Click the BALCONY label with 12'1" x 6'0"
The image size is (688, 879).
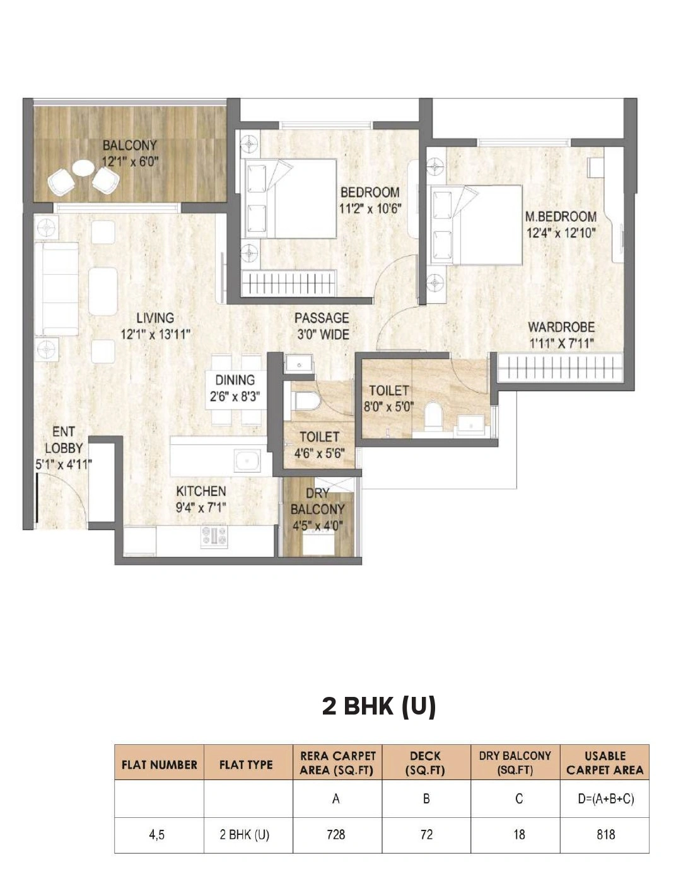point(130,153)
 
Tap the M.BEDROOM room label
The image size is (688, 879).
point(561,224)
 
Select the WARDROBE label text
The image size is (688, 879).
point(561,335)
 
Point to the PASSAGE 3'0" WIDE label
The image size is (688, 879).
point(322,326)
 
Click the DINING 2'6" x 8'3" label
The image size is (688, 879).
point(235,388)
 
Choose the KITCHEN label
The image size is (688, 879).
point(201,498)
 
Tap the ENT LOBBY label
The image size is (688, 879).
point(63,448)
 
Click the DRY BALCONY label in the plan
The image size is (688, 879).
point(317,509)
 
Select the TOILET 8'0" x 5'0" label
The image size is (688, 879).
point(388,398)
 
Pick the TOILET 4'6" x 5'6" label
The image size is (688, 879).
point(319,444)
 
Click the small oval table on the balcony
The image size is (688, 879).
point(83,168)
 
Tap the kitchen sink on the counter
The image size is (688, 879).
point(247,461)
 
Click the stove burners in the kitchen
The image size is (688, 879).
point(214,536)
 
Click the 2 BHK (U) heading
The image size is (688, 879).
point(379,706)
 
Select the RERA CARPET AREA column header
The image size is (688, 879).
point(337,762)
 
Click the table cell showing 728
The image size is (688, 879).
point(336,835)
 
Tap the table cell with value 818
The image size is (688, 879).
point(605,835)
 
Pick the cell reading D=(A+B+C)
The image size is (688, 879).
point(605,799)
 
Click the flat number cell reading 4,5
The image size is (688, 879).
point(157,835)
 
